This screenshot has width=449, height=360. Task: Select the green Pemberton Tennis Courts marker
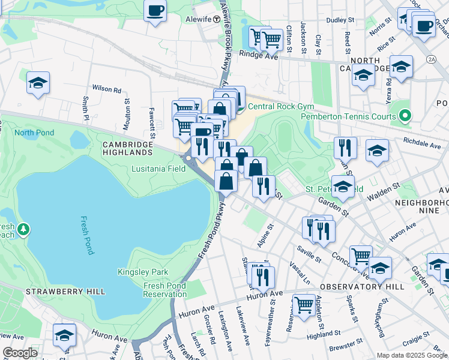pos(405,116)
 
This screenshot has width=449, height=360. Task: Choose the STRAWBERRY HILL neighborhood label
pos(65,292)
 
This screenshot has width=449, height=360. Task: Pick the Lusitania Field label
pos(157,169)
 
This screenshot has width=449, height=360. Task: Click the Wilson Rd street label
pos(106,89)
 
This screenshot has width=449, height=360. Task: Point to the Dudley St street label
pos(340,20)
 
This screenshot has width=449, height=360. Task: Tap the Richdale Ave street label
pos(423,144)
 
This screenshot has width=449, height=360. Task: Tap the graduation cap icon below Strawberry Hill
pos(64,335)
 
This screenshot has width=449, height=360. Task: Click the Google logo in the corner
pos(20,353)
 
